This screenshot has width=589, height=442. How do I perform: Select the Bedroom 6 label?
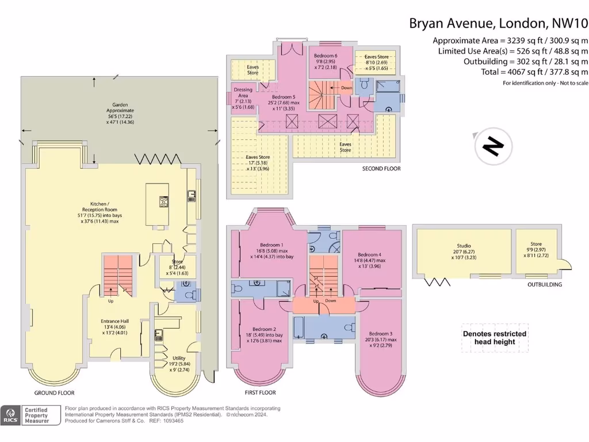[x=326, y=55]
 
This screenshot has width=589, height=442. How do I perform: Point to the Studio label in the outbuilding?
[x=464, y=246]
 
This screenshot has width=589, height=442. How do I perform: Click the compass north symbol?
[x=493, y=147]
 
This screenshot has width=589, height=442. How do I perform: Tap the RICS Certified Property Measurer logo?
[x=32, y=415]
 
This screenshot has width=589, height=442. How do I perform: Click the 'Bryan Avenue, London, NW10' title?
[x=498, y=24]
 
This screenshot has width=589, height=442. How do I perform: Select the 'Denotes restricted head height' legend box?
[x=495, y=338]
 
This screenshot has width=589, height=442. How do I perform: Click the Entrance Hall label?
[x=112, y=321]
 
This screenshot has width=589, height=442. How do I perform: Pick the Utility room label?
[x=179, y=358]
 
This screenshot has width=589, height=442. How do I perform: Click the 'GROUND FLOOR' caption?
[x=54, y=393]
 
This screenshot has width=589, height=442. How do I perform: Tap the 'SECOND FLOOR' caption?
[x=381, y=169]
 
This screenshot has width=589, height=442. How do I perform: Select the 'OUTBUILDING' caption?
[x=544, y=284]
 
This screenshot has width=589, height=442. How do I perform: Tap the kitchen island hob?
[x=163, y=201]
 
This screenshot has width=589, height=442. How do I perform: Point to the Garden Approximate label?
[x=120, y=109]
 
